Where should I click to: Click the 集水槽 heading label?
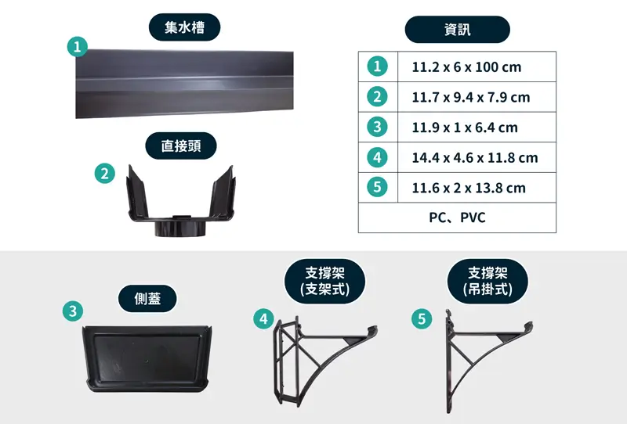coord(184,27)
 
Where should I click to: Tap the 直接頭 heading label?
coord(181,146)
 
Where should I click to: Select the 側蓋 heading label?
coord(147,298)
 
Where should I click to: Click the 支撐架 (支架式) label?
coord(324,281)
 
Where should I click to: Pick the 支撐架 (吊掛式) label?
coord(487,281)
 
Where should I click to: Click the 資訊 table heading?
coord(458,30)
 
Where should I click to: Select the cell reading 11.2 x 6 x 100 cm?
coord(477,66)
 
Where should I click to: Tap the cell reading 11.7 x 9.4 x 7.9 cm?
coord(477,97)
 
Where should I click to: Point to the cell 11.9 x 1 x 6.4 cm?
coord(477,128)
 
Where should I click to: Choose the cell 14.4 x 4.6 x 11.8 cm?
coord(477,158)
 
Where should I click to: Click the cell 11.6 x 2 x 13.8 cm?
coord(477,188)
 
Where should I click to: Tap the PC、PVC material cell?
coord(457,217)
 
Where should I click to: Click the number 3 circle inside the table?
coord(377,127)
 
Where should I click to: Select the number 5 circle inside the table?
coord(377,187)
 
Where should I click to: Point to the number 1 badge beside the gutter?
coord(77,47)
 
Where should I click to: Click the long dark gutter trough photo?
coord(184,84)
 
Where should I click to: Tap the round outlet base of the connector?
coord(180,228)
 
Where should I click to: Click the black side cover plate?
coord(147,358)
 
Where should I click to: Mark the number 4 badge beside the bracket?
coord(263,318)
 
